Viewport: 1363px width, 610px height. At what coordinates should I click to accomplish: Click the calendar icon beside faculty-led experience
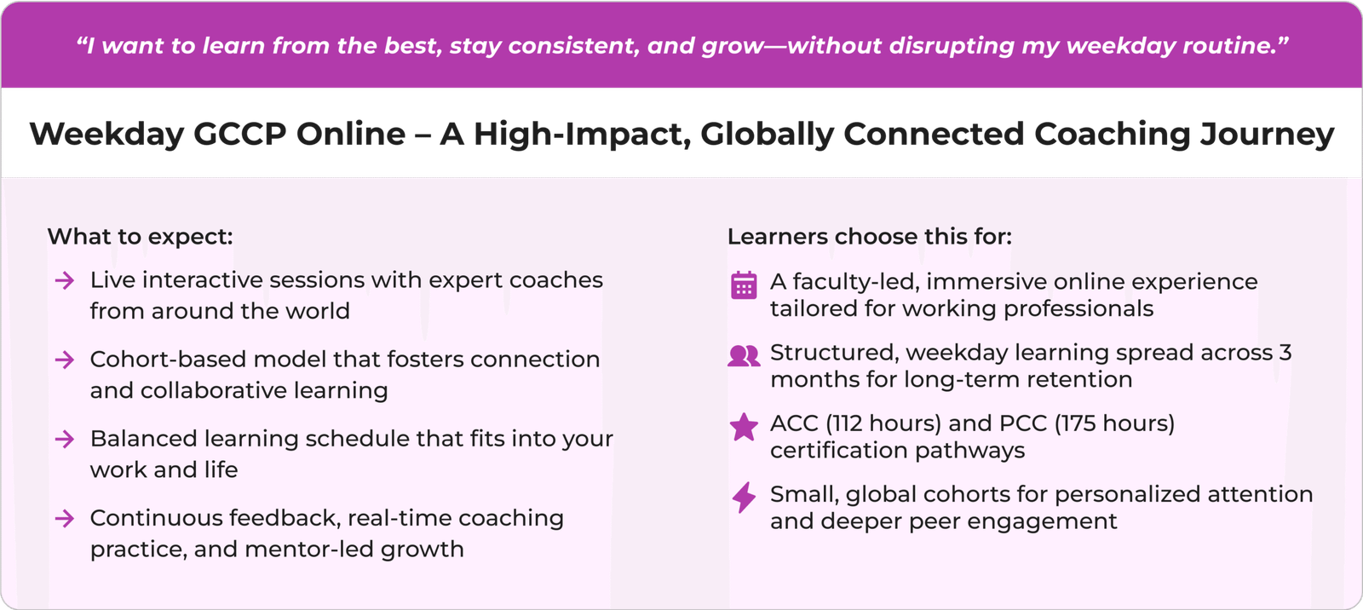tap(744, 285)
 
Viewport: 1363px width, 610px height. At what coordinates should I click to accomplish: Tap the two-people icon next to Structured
tap(744, 355)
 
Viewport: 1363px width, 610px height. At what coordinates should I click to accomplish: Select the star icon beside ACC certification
tap(744, 426)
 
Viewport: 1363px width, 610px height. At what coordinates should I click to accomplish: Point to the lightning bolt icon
tap(744, 498)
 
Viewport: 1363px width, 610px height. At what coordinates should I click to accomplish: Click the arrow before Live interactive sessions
tap(65, 280)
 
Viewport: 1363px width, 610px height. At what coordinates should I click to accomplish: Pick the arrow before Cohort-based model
tap(65, 360)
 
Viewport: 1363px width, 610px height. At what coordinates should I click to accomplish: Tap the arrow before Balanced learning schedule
tap(65, 439)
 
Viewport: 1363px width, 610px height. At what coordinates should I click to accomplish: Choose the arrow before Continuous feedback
tap(65, 519)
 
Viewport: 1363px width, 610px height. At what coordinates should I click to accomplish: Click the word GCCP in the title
tap(239, 134)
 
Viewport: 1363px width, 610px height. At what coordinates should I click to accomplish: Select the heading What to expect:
tap(140, 236)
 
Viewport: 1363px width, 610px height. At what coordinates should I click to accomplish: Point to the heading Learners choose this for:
tap(870, 236)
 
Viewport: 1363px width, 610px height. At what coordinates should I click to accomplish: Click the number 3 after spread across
tap(1285, 353)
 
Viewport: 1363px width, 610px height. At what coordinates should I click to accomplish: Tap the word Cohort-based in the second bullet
tap(168, 360)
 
